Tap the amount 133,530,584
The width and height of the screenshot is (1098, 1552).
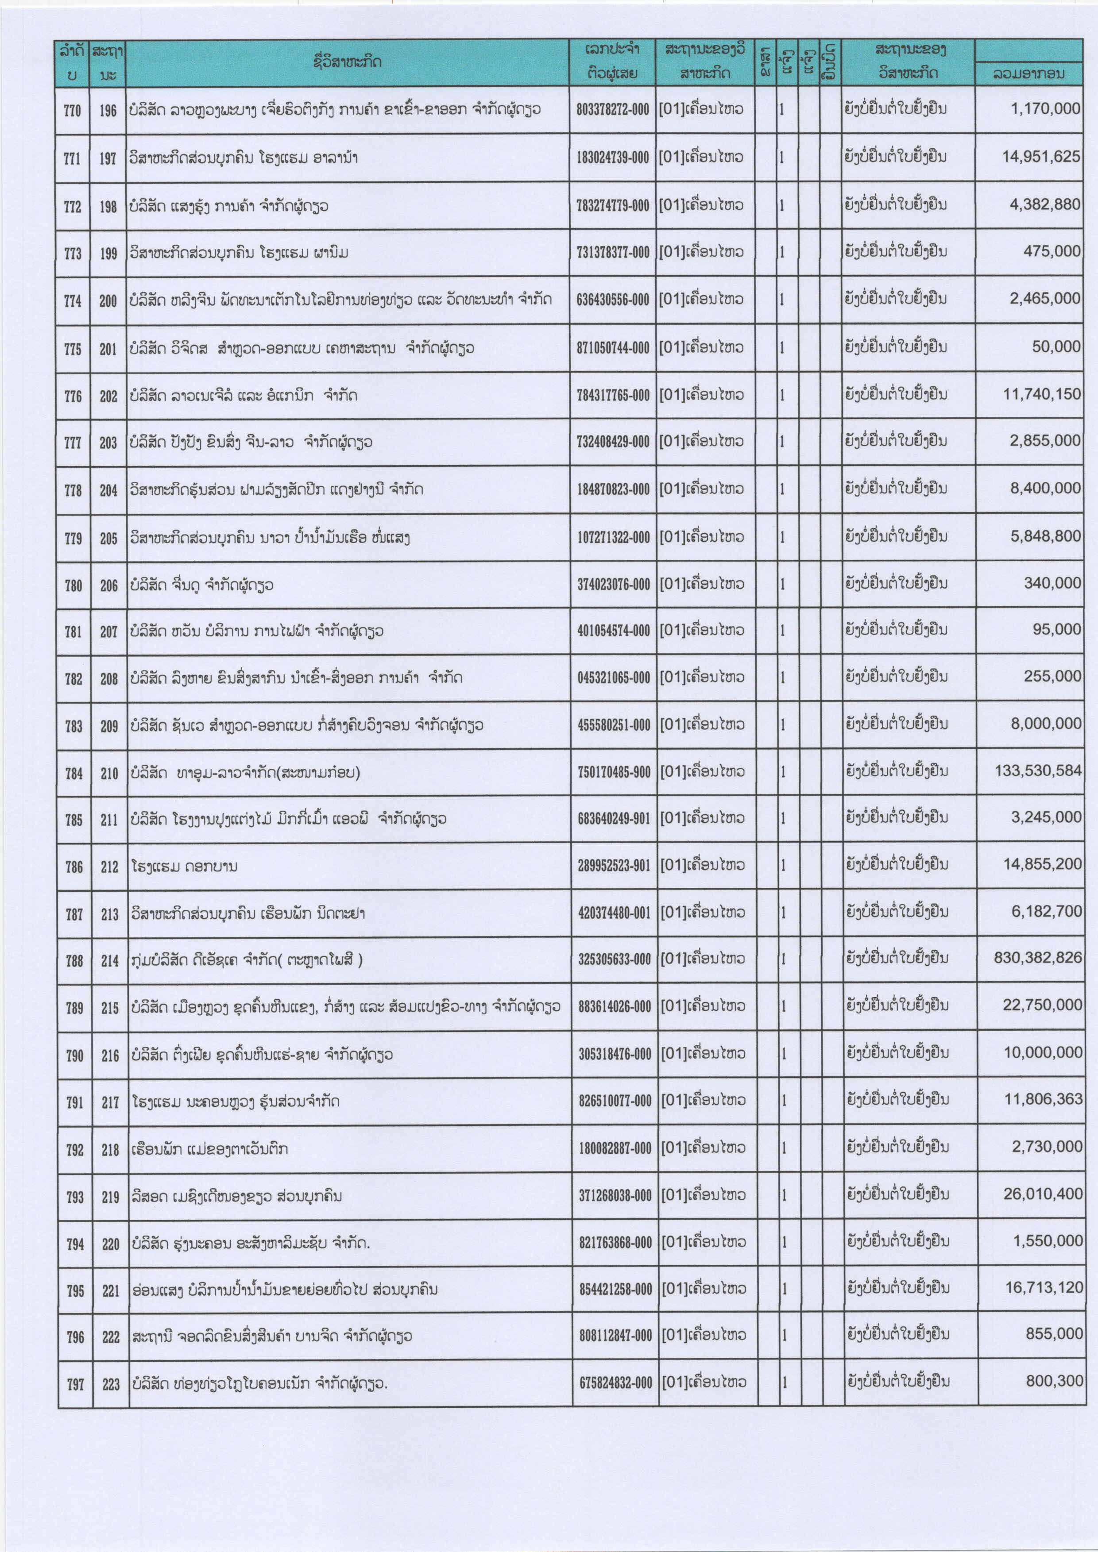click(1038, 770)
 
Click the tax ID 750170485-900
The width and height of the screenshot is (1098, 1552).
click(613, 771)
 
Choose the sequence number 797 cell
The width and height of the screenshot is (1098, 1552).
click(75, 1384)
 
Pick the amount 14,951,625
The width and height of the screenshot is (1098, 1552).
click(1041, 157)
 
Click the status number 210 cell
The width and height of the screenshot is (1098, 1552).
click(109, 773)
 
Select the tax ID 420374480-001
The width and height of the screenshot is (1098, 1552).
click(614, 913)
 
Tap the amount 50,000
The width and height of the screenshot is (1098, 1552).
click(1056, 347)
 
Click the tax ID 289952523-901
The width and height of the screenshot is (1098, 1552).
click(614, 866)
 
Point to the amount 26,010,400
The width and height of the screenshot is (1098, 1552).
click(1043, 1194)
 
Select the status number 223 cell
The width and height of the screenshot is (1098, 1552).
click(111, 1384)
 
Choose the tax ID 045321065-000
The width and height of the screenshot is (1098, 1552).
click(613, 677)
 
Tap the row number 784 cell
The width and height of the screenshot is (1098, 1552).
click(73, 773)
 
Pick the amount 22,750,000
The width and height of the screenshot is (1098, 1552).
click(1043, 1005)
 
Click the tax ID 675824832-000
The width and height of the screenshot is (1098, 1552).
click(615, 1383)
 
